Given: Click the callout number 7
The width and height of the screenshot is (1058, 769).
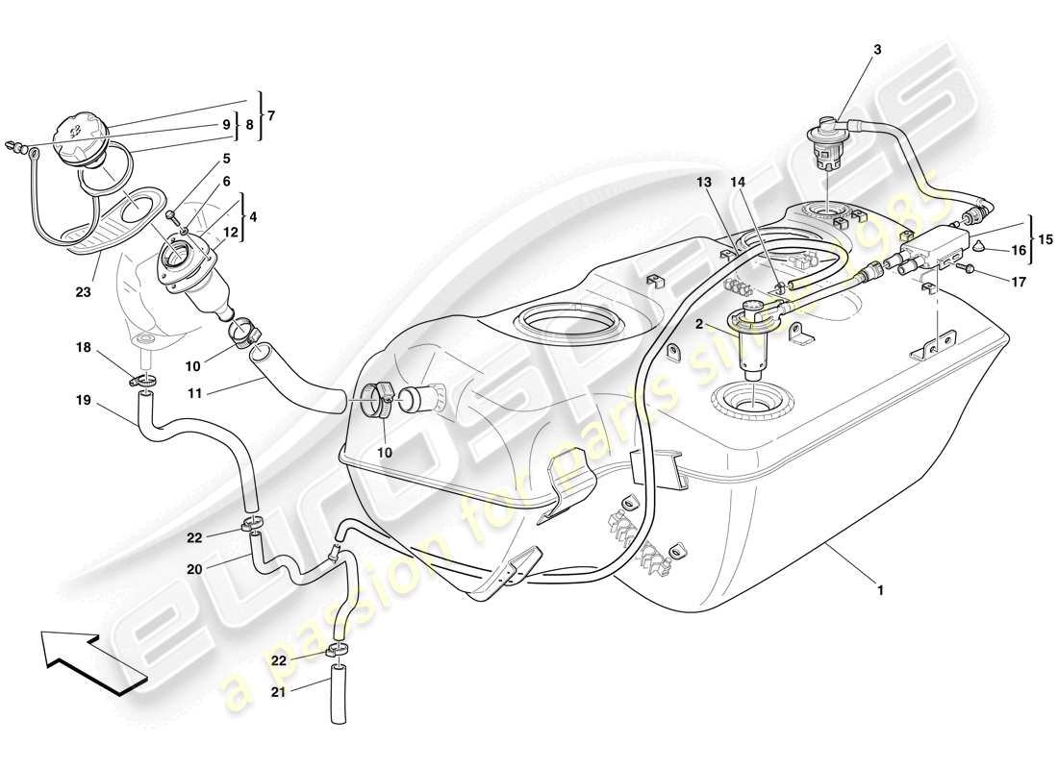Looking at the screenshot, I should [x=270, y=115].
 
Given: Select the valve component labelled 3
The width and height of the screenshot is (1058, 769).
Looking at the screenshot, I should [x=824, y=142].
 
